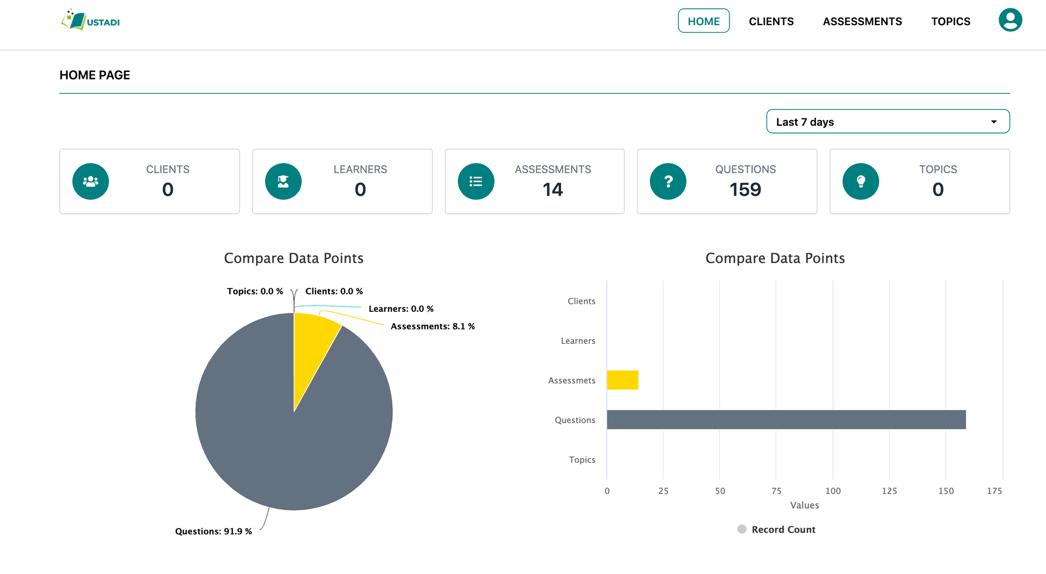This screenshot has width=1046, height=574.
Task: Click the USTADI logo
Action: coord(90,21)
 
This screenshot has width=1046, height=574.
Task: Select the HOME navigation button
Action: coord(703,21)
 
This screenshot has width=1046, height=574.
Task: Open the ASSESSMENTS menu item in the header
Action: coord(862,21)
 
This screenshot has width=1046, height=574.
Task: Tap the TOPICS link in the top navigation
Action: coord(950,21)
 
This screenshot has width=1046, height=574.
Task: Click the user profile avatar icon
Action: coord(1009,20)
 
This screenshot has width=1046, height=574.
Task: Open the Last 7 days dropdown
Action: coord(887,122)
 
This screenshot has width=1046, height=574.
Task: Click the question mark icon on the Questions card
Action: coord(668,182)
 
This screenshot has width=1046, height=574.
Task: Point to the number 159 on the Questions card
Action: coord(745,190)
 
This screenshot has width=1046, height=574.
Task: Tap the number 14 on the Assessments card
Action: coord(552,190)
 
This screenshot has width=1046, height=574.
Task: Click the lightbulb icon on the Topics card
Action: coord(860,182)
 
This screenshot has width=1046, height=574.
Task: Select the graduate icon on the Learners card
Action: coord(283,182)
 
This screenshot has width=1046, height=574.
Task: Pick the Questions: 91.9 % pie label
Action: coord(214,531)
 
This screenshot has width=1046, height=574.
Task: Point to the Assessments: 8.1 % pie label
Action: coord(433,327)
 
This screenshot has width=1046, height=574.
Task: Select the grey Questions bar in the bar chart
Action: coord(786,420)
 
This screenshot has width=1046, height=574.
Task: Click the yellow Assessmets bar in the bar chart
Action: coord(622,380)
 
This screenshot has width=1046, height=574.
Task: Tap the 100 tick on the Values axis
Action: coord(832,491)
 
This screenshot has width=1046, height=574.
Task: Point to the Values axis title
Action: coord(804,505)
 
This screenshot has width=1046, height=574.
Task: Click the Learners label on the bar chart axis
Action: coord(577,341)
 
